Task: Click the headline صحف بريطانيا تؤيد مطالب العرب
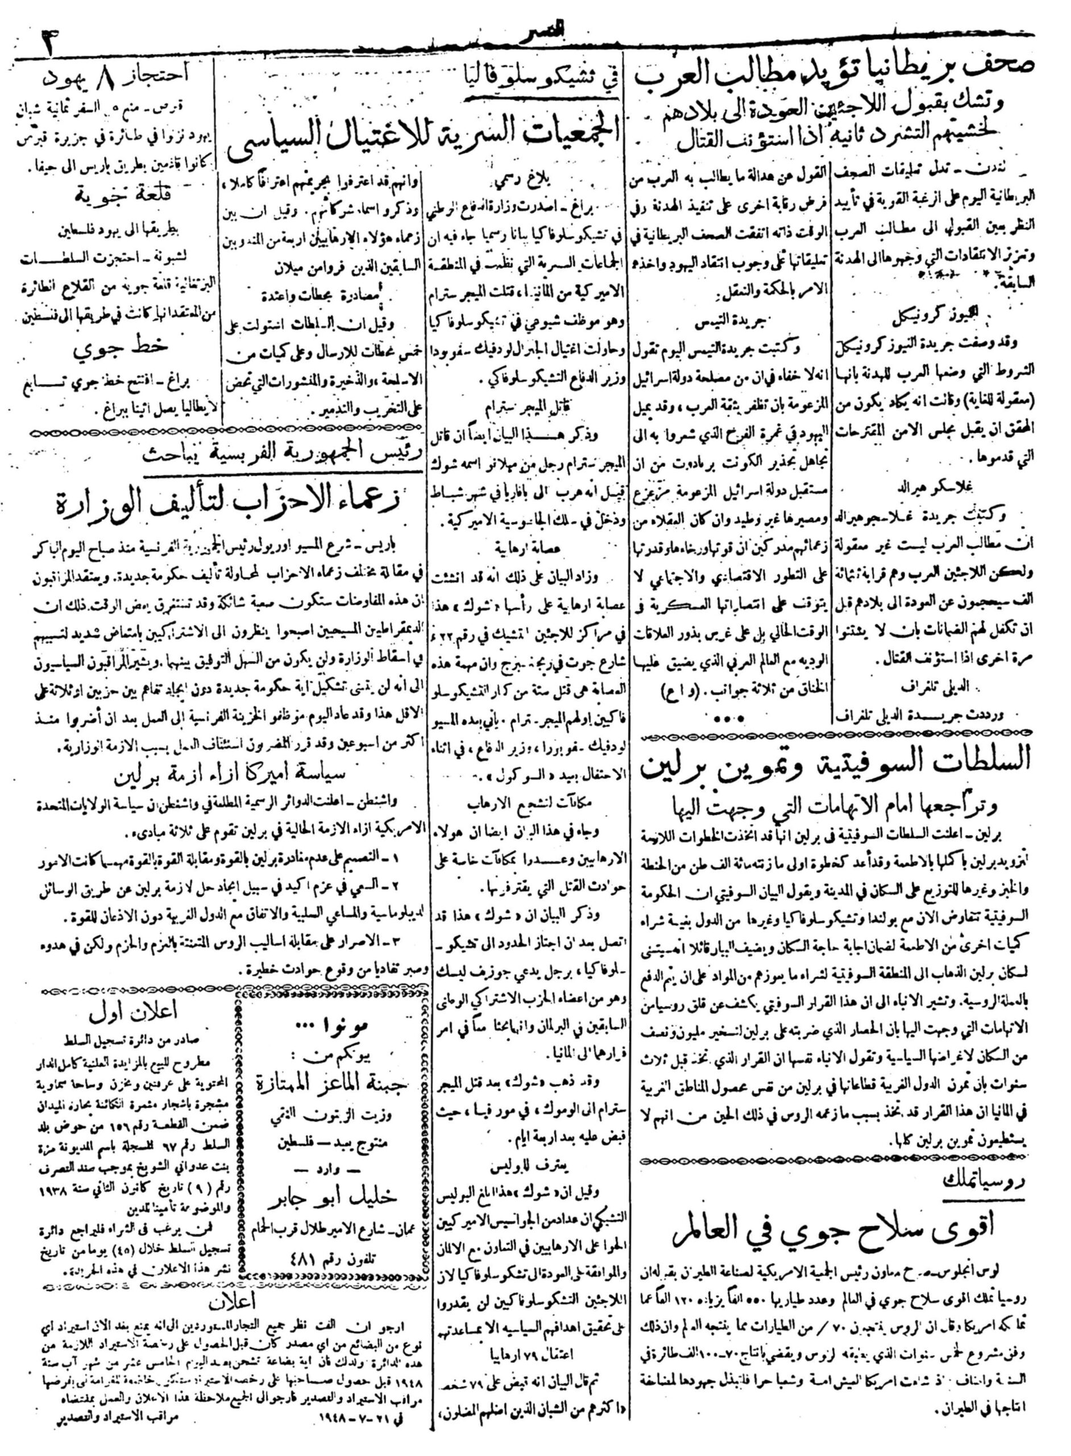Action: (x=836, y=82)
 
